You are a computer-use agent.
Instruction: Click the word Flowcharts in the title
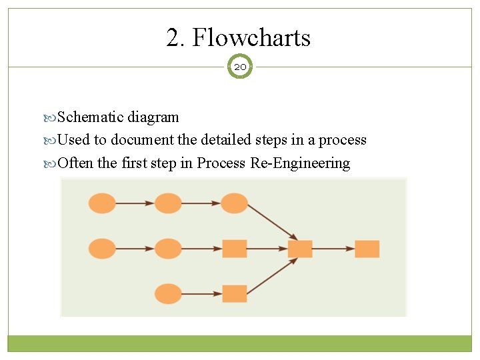click(251, 37)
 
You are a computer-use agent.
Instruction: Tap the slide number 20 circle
click(240, 67)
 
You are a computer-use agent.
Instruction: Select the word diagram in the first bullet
click(153, 117)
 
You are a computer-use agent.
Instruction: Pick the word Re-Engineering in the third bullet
click(300, 163)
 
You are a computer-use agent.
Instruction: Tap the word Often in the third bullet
click(76, 163)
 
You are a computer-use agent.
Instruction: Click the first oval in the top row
click(102, 203)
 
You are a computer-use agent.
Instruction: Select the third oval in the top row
click(234, 203)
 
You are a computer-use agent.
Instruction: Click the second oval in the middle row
click(168, 249)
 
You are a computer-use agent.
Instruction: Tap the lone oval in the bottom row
click(168, 293)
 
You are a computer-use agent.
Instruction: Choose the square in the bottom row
click(234, 293)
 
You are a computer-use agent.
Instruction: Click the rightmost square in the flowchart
click(367, 249)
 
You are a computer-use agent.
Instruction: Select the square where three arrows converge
click(300, 249)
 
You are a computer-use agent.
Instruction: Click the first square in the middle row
click(234, 249)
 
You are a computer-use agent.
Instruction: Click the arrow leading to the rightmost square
click(333, 249)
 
